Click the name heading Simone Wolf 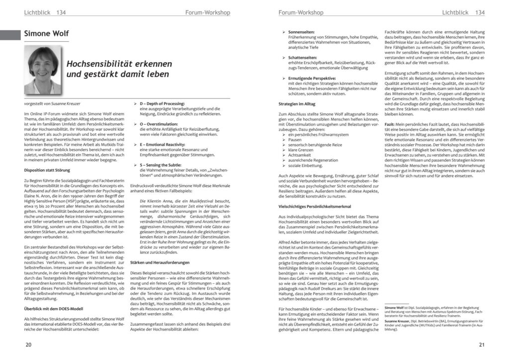coord(46,34)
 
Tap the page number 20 coord(28,345)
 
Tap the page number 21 coord(481,345)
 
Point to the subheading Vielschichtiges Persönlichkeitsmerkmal coord(315,206)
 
